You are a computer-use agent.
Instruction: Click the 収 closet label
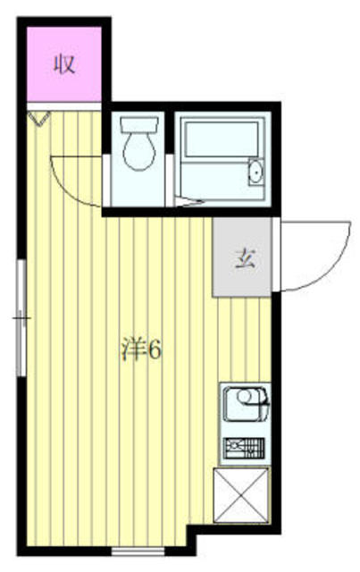point(64,64)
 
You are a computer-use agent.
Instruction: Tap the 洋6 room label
point(140,349)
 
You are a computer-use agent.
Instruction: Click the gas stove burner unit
point(243,448)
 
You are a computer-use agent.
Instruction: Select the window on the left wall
point(20,317)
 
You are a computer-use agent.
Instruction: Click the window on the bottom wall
point(138,546)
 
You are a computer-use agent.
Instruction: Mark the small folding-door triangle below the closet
point(38,116)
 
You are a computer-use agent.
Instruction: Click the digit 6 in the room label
point(154,349)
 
